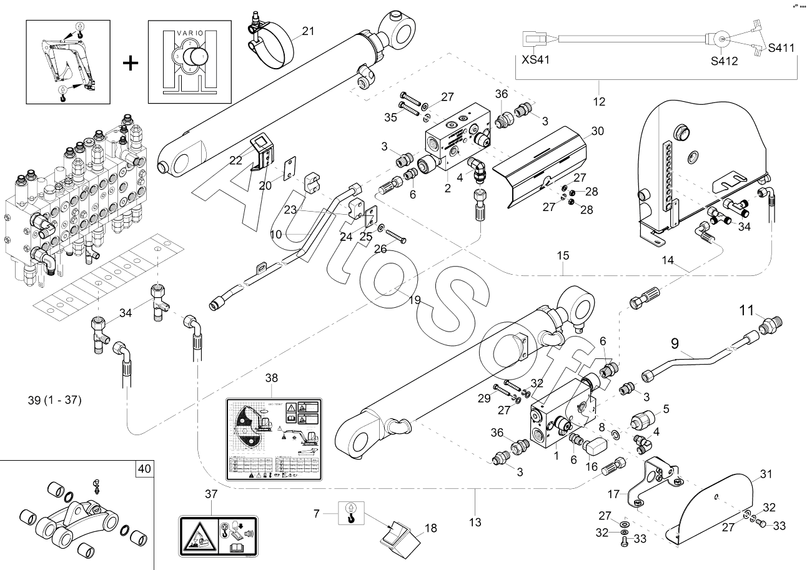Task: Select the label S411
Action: pyautogui.click(x=781, y=47)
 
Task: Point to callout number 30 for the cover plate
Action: pyautogui.click(x=597, y=131)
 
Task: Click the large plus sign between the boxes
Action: pyautogui.click(x=130, y=62)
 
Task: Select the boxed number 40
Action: pyautogui.click(x=144, y=468)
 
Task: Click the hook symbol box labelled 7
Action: pyautogui.click(x=352, y=513)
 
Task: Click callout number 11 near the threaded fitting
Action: pyautogui.click(x=747, y=308)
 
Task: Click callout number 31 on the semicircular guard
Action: pyautogui.click(x=767, y=474)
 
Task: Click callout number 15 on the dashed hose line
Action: pyautogui.click(x=563, y=256)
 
